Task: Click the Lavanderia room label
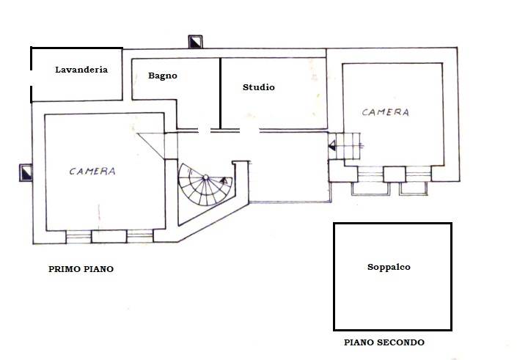click(81, 70)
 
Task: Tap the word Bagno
click(163, 76)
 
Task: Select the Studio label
click(258, 87)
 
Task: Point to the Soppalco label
click(389, 267)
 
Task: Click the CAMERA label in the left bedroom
click(92, 171)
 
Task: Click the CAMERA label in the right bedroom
click(386, 112)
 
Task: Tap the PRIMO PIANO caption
click(81, 269)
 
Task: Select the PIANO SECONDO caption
click(384, 342)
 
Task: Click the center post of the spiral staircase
click(205, 177)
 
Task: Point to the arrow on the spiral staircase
click(224, 180)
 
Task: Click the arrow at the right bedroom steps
click(332, 145)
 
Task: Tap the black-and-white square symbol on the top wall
click(195, 42)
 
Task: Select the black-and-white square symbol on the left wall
click(26, 173)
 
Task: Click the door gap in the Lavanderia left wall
click(32, 78)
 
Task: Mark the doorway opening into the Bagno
click(205, 131)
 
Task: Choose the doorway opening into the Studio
click(249, 131)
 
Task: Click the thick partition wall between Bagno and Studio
click(220, 93)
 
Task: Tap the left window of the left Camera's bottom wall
click(78, 236)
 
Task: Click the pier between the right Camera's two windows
click(395, 175)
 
